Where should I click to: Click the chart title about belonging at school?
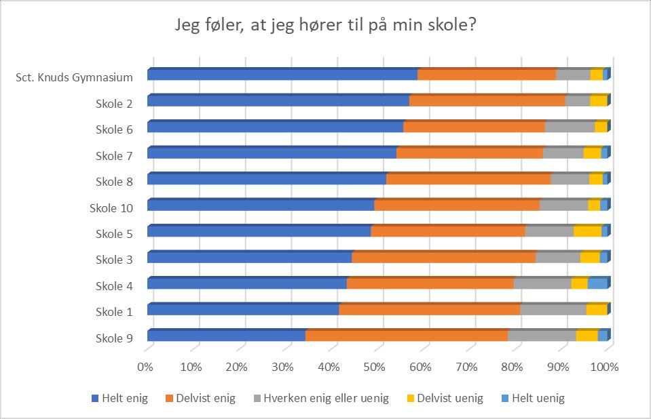[325, 25]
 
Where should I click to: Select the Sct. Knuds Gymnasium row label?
[74, 77]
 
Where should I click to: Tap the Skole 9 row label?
[114, 338]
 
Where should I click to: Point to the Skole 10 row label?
[111, 208]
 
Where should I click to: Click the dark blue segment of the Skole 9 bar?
[226, 335]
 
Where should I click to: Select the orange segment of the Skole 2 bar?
[487, 100]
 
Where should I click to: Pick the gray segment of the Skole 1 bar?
[553, 309]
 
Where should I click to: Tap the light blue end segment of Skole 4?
[597, 283]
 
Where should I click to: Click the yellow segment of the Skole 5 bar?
[587, 231]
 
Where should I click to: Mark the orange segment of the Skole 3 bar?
[444, 257]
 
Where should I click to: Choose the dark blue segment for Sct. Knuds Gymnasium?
[282, 75]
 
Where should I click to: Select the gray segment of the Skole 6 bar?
[570, 127]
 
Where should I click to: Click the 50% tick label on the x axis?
[375, 367]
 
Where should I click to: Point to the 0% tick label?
[145, 367]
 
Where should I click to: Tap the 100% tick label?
[604, 367]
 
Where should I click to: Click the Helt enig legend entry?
[119, 399]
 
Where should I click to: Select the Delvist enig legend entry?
[200, 399]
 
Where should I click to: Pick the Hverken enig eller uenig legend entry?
[321, 399]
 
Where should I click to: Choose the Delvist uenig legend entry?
[445, 399]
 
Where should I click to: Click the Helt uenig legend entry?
[533, 399]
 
